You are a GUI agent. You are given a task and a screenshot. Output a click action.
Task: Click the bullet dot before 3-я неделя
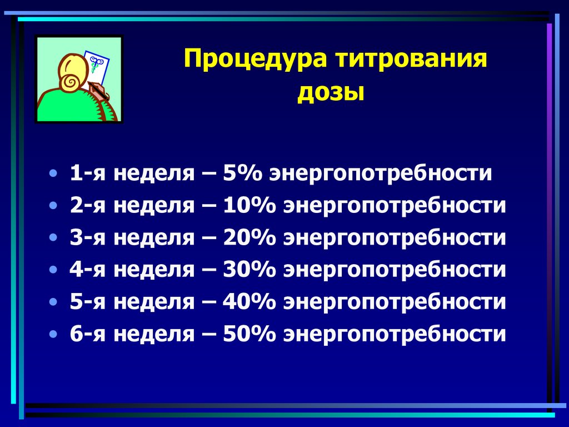[x=52, y=237]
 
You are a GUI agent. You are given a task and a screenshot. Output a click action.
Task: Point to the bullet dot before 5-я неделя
[x=52, y=302]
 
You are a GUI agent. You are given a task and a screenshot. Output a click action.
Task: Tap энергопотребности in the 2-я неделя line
[x=395, y=205]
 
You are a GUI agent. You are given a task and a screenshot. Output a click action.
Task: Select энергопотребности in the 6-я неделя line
[x=395, y=334]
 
